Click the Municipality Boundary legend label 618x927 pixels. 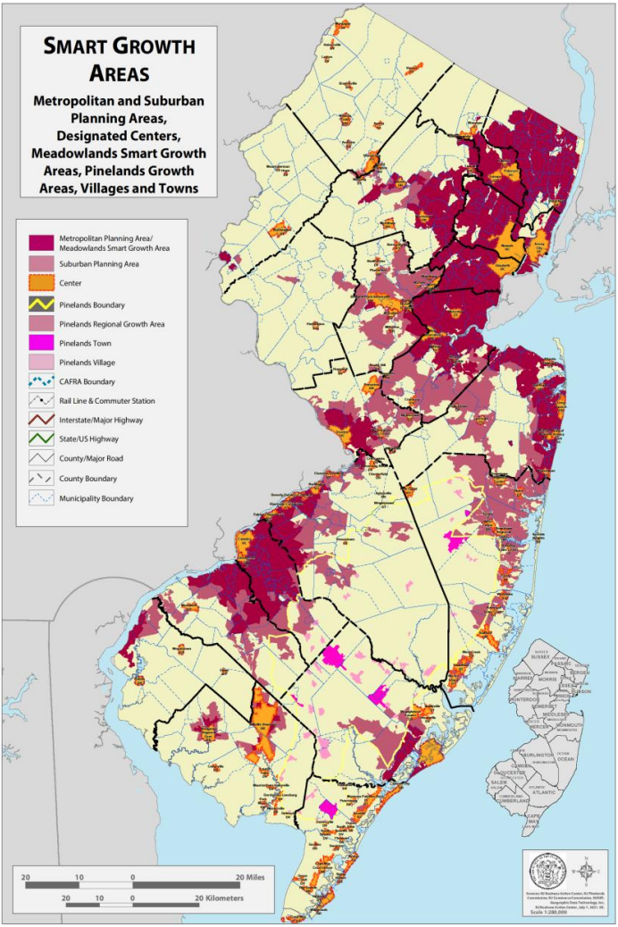[96, 498]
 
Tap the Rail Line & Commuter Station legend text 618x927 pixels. [111, 402]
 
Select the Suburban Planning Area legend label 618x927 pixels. [98, 265]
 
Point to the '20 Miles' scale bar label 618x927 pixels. [255, 876]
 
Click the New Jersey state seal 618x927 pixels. [547, 870]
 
